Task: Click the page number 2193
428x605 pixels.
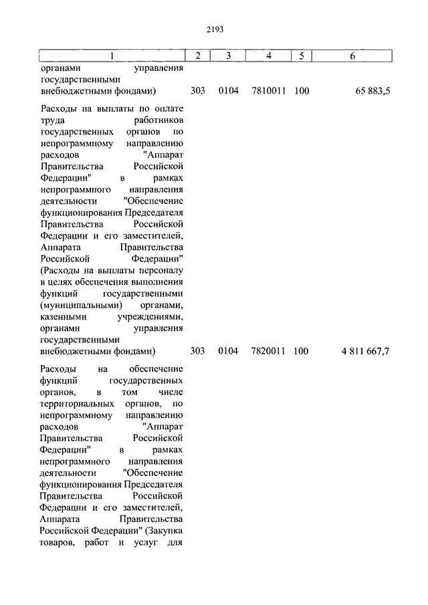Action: point(214,29)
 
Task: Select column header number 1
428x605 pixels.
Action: point(112,55)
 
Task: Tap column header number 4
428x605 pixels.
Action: point(268,55)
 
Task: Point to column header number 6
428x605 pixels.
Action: point(352,55)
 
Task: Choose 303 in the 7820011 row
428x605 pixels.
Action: point(197,351)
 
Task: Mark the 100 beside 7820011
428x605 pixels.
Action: point(301,351)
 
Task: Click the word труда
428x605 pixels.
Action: point(52,120)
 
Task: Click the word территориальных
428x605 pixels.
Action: point(76,404)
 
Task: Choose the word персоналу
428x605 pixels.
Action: point(160,271)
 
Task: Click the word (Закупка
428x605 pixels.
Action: point(163,531)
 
